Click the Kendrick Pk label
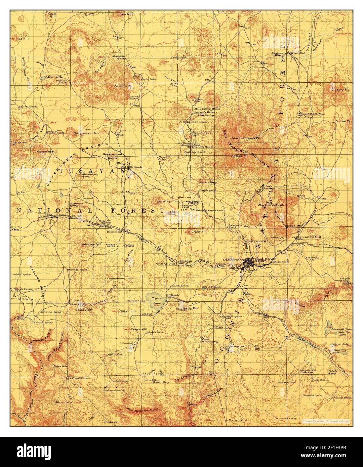coord(123,86)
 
